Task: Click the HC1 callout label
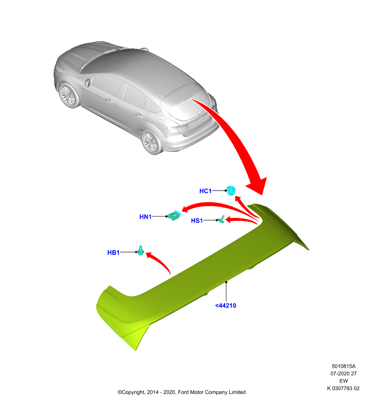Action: pos(205,191)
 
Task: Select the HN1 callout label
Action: pos(145,217)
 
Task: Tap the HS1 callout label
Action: pos(197,220)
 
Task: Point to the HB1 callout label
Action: pos(113,253)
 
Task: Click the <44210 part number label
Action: pos(225,305)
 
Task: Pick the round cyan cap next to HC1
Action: pos(231,191)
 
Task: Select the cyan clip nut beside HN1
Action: pos(175,215)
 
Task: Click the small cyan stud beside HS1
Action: pos(221,219)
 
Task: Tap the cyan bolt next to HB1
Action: pos(141,251)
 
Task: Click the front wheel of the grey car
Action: pos(69,96)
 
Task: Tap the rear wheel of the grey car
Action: pos(152,142)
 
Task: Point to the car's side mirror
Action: pos(88,83)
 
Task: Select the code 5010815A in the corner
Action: pos(344,366)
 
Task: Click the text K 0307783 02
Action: pos(343,388)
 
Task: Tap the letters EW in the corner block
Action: pos(344,381)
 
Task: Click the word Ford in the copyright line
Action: pos(183,392)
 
